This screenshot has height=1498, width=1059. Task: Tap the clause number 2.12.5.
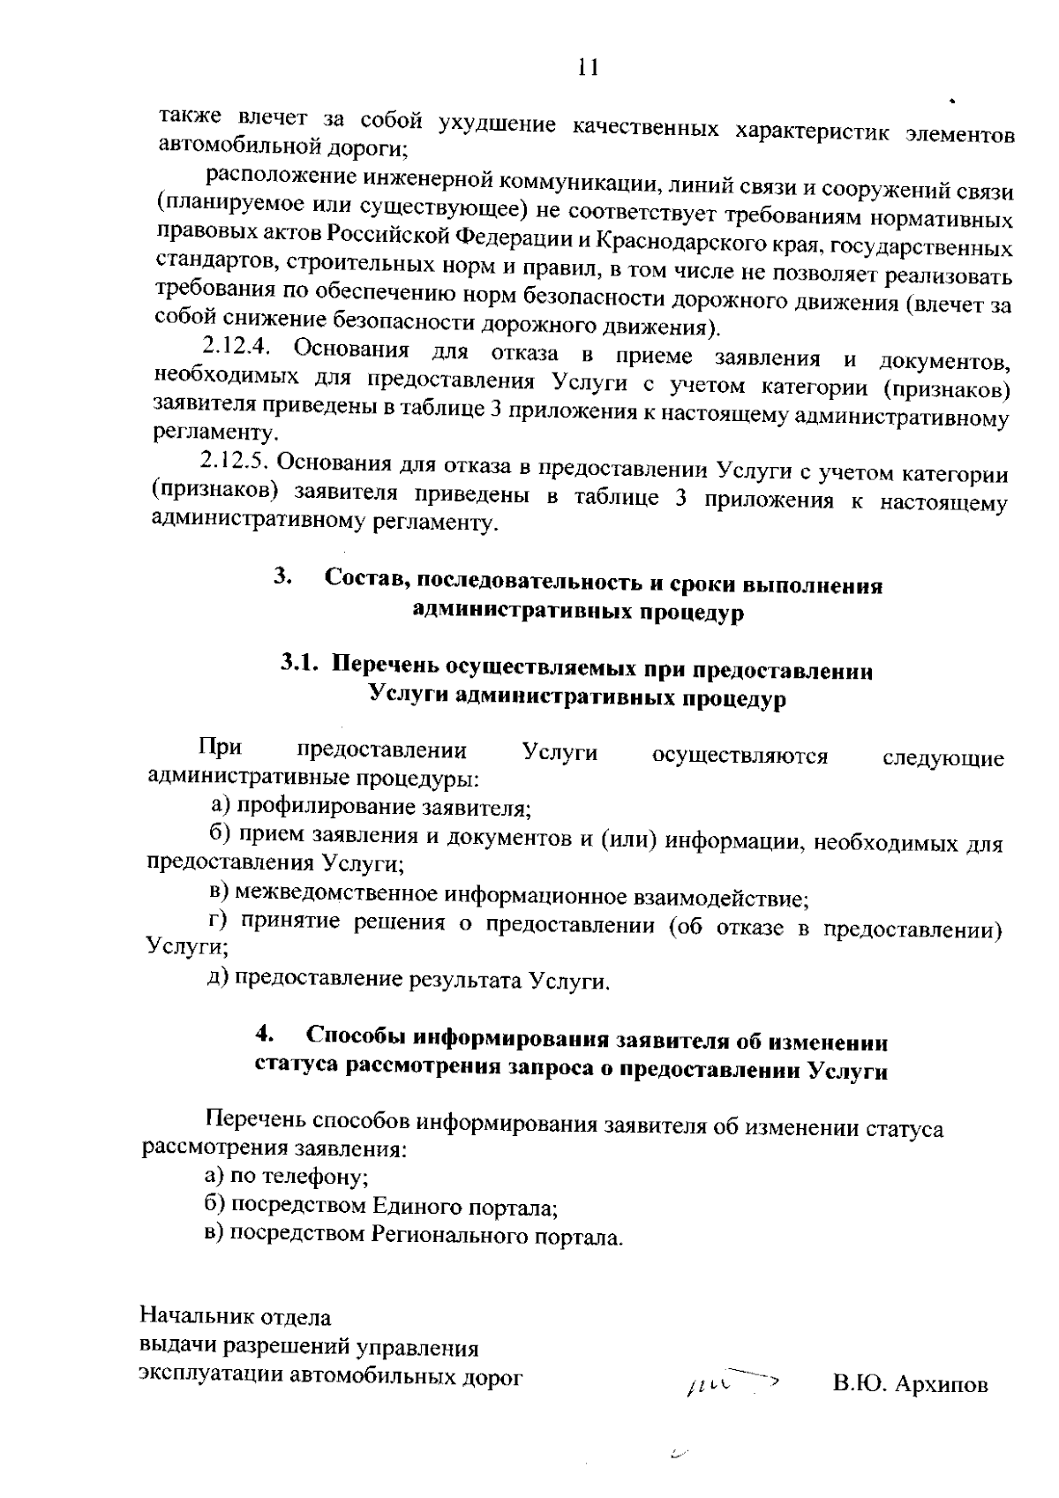[x=234, y=461]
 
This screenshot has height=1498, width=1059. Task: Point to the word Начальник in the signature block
[x=193, y=1317]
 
